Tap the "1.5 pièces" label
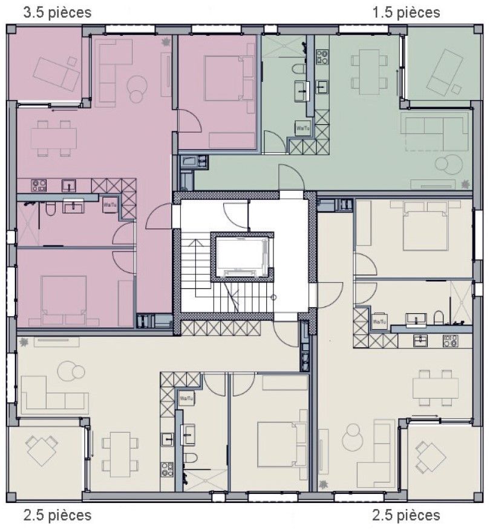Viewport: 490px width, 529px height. pos(406,13)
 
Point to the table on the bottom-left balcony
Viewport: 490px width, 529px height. pos(42,451)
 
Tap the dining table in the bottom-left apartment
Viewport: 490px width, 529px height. pos(117,453)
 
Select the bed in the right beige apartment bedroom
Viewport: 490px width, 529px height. pos(426,225)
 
